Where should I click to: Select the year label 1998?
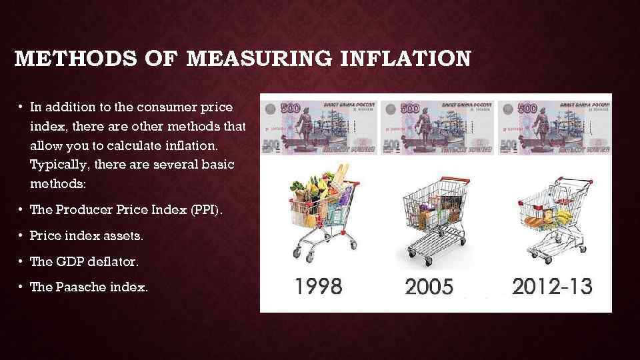point(318,287)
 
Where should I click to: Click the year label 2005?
point(429,287)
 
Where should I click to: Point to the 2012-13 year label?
point(551,287)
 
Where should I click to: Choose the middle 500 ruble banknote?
point(437,127)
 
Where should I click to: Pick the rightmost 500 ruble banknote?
point(554,127)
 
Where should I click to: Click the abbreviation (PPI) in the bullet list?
point(207,209)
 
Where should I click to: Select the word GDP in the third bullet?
point(69,262)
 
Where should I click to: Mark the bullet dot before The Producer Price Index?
point(22,209)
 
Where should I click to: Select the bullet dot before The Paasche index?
point(22,287)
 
